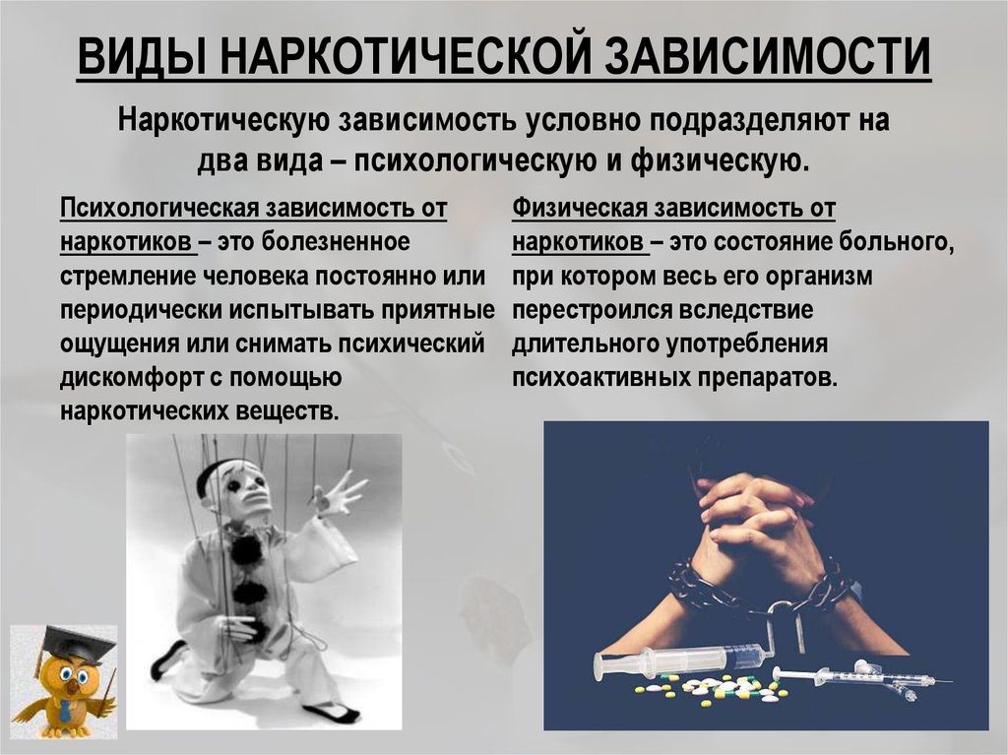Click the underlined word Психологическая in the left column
pyautogui.click(x=159, y=209)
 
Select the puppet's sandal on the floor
pyautogui.click(x=331, y=713)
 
